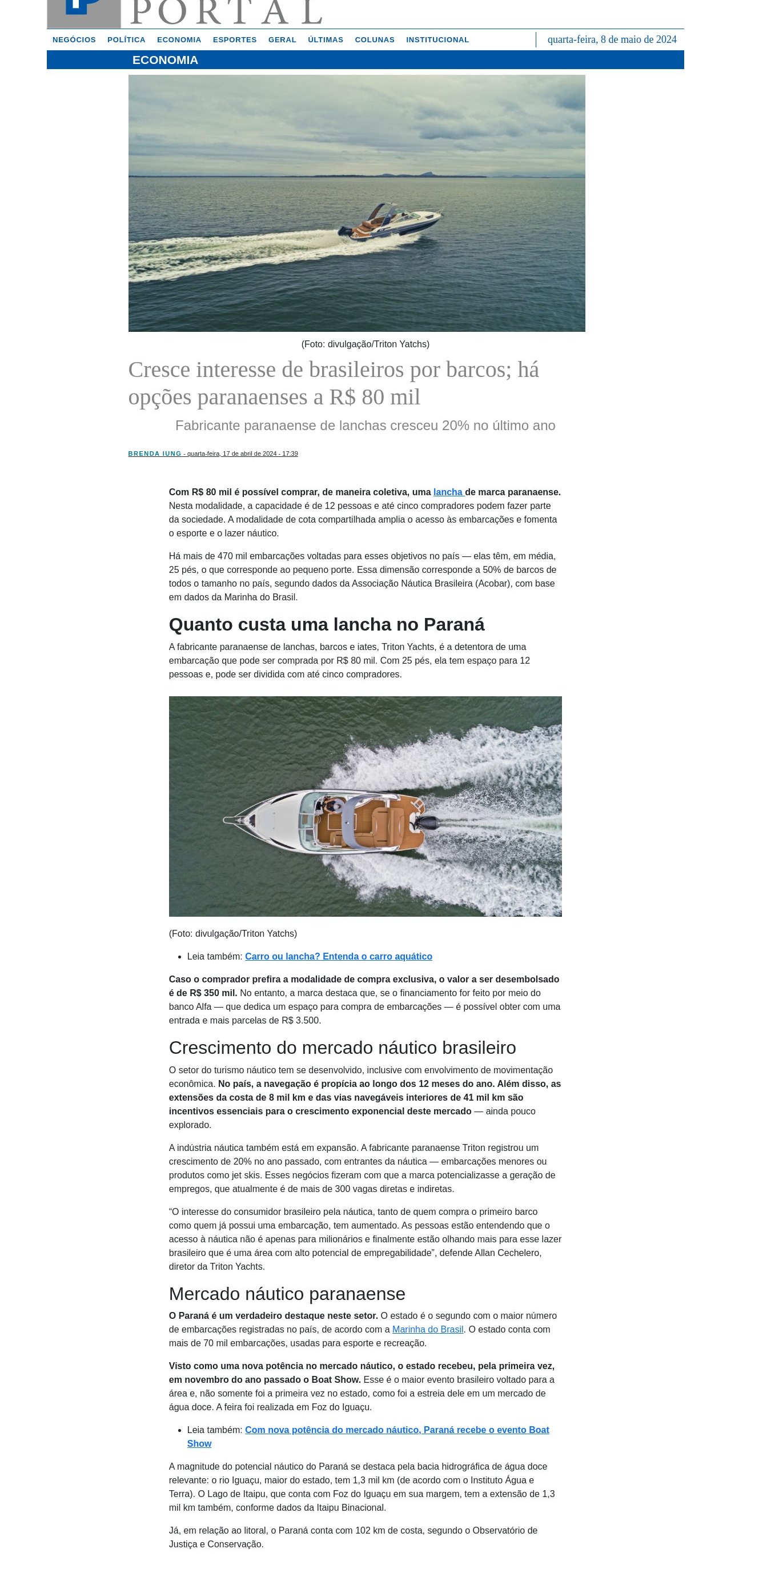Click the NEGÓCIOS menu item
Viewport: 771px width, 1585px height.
point(74,40)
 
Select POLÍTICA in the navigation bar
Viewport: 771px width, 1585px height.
point(126,40)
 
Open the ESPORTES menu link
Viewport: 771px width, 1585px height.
point(234,40)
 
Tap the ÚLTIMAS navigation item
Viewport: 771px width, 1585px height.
point(325,40)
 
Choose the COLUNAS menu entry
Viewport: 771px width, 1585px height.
point(374,40)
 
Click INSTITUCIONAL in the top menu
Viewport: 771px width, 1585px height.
point(437,40)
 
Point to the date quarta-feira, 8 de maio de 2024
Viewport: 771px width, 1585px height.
point(611,39)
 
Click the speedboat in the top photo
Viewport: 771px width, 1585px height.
point(394,220)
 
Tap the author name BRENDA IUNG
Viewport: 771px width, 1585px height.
point(154,454)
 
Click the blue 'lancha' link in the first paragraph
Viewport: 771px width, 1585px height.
point(448,492)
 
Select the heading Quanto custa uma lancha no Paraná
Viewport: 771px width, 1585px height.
point(326,624)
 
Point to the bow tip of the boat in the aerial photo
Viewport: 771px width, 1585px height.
point(226,820)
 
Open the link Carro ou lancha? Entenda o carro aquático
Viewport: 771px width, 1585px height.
point(339,957)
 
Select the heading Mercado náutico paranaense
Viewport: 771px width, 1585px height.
point(287,1294)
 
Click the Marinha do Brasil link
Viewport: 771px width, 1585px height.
point(428,1330)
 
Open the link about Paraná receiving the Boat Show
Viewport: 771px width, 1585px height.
point(397,1430)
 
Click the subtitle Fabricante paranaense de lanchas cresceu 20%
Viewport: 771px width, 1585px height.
point(365,426)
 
